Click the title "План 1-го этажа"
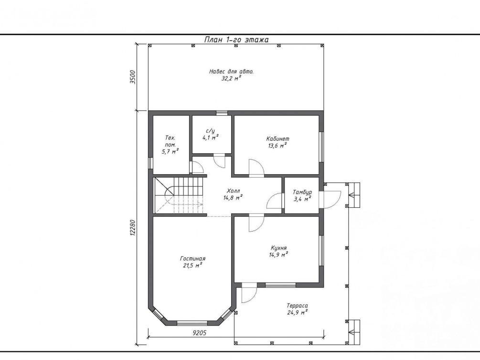(236, 40)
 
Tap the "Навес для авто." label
(232, 72)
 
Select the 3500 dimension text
(133, 77)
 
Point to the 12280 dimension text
(133, 227)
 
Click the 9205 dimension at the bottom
(200, 333)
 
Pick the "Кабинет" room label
(277, 138)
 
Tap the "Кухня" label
(278, 248)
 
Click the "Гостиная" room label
(192, 259)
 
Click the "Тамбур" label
(302, 192)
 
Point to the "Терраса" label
(297, 306)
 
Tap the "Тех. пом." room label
(170, 141)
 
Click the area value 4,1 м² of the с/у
(210, 138)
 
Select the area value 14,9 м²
(278, 254)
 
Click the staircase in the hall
(179, 195)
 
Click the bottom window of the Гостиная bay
(192, 323)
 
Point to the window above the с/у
(222, 113)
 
